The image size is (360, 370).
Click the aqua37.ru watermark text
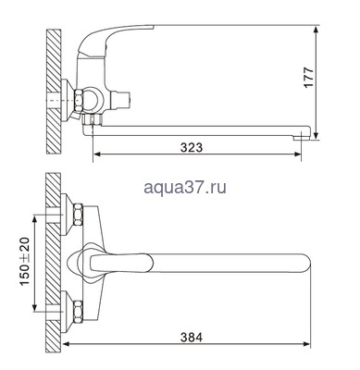coord(185,188)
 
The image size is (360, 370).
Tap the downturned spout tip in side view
coord(302,132)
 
